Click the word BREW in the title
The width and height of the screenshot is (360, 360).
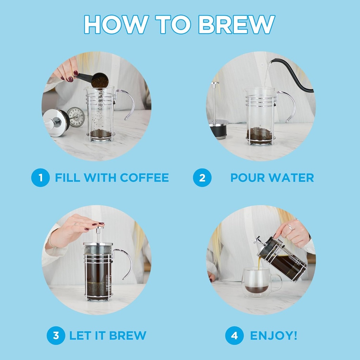[x=236, y=24]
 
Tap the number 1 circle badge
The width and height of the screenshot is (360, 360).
[x=40, y=178]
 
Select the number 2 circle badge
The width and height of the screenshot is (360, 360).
[x=202, y=178]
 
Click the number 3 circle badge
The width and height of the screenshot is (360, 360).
[x=56, y=335]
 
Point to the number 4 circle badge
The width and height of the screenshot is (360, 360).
[x=234, y=335]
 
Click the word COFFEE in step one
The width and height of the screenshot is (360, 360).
[x=144, y=178]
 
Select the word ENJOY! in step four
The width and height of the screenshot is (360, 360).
[x=274, y=335]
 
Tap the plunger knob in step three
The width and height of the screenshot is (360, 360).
[x=99, y=229]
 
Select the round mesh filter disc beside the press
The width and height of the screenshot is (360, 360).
[x=76, y=117]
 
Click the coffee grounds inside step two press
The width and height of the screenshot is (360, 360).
[x=259, y=134]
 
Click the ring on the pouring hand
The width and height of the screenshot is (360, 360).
[x=290, y=227]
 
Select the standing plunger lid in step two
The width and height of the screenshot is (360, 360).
[x=216, y=116]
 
